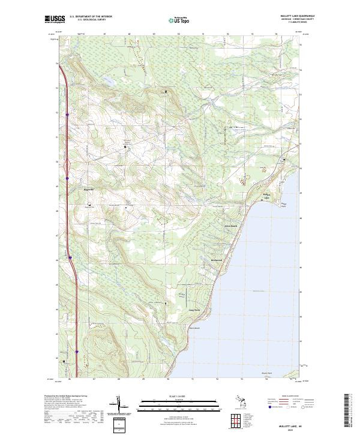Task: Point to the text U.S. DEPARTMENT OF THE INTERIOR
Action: pos(91,16)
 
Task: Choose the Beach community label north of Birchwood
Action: pos(231,226)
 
